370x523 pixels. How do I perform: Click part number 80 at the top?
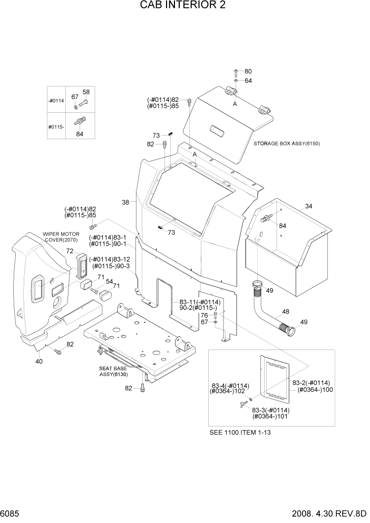click(x=248, y=71)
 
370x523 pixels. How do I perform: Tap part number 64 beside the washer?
click(x=248, y=81)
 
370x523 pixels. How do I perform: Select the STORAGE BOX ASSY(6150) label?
click(x=287, y=143)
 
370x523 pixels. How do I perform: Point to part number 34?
click(x=308, y=206)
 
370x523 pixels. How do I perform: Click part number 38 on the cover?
click(x=125, y=202)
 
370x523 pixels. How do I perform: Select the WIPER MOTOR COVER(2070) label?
click(x=61, y=237)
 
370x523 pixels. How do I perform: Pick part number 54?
click(x=109, y=282)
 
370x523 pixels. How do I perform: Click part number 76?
click(x=204, y=315)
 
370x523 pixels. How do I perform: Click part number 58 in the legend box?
click(x=86, y=92)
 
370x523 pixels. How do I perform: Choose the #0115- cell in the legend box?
click(x=56, y=127)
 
